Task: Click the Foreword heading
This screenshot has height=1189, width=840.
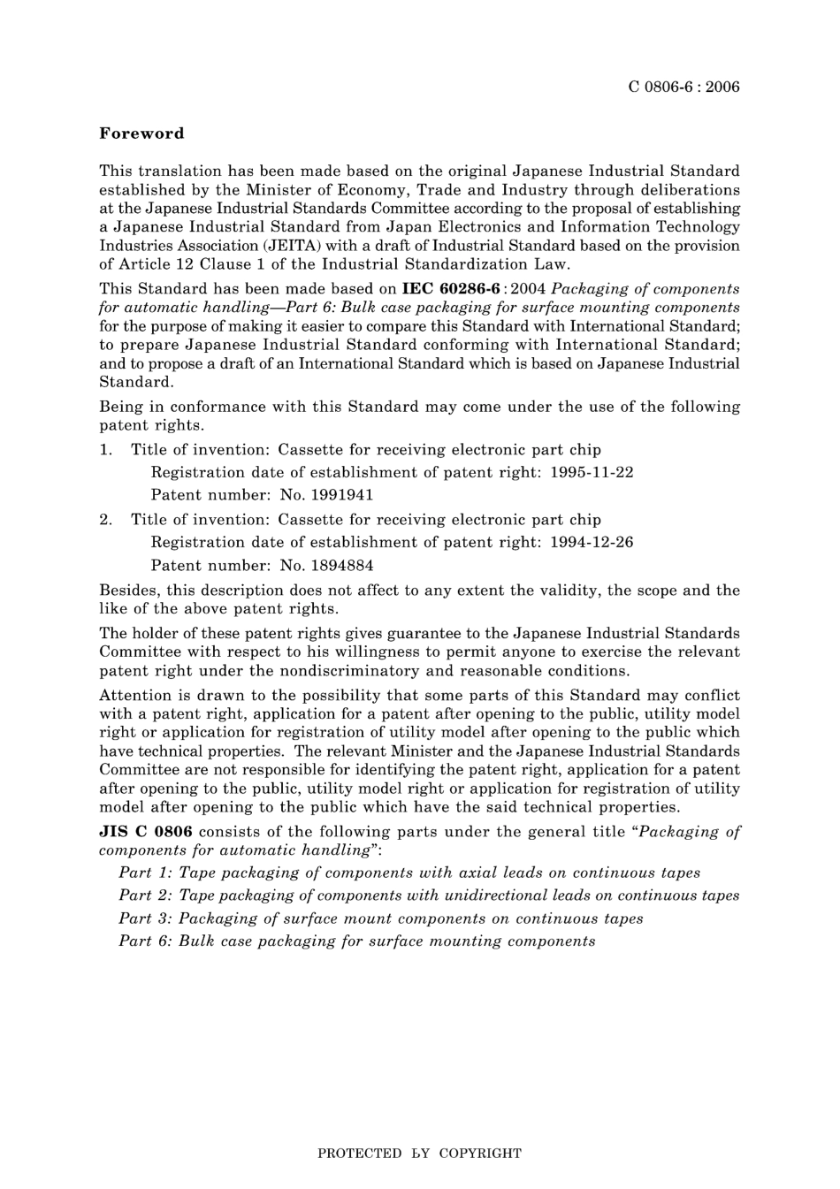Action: coord(141,133)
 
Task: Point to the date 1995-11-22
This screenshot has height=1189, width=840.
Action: coord(591,472)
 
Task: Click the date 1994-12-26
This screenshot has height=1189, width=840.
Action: coord(591,542)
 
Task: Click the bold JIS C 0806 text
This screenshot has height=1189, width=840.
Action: coord(146,831)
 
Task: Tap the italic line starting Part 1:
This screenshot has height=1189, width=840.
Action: coord(409,873)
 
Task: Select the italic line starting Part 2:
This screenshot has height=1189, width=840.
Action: coord(429,896)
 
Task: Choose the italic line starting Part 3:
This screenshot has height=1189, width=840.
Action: coord(381,918)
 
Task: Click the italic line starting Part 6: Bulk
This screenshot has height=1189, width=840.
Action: coord(357,941)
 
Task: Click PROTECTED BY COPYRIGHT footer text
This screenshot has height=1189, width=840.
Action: coord(419,1153)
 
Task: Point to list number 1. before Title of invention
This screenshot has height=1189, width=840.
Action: coord(106,449)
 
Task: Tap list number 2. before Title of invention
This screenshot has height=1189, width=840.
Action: coord(106,520)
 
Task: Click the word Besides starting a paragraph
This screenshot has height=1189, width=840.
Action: coord(127,590)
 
